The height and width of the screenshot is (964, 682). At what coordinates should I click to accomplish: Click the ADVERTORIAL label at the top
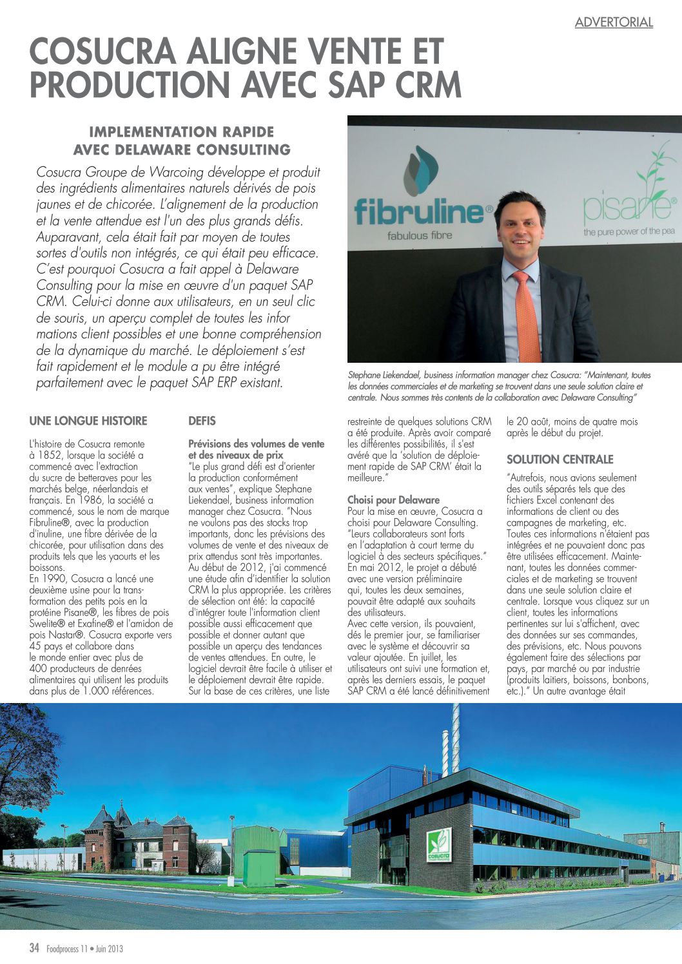pos(614,23)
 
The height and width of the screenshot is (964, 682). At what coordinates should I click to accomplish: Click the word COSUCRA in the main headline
pos(102,52)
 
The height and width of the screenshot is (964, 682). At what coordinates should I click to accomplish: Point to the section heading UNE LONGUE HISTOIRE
pos(88,421)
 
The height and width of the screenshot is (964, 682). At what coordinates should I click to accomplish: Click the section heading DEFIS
pos(202,421)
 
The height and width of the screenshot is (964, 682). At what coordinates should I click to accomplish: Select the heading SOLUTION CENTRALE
pos(560,459)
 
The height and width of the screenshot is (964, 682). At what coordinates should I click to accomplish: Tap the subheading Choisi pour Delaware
pos(393,500)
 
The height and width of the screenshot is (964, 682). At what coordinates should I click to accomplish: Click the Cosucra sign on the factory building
pos(439,845)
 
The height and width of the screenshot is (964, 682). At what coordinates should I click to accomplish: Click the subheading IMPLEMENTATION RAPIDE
pos(181,132)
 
